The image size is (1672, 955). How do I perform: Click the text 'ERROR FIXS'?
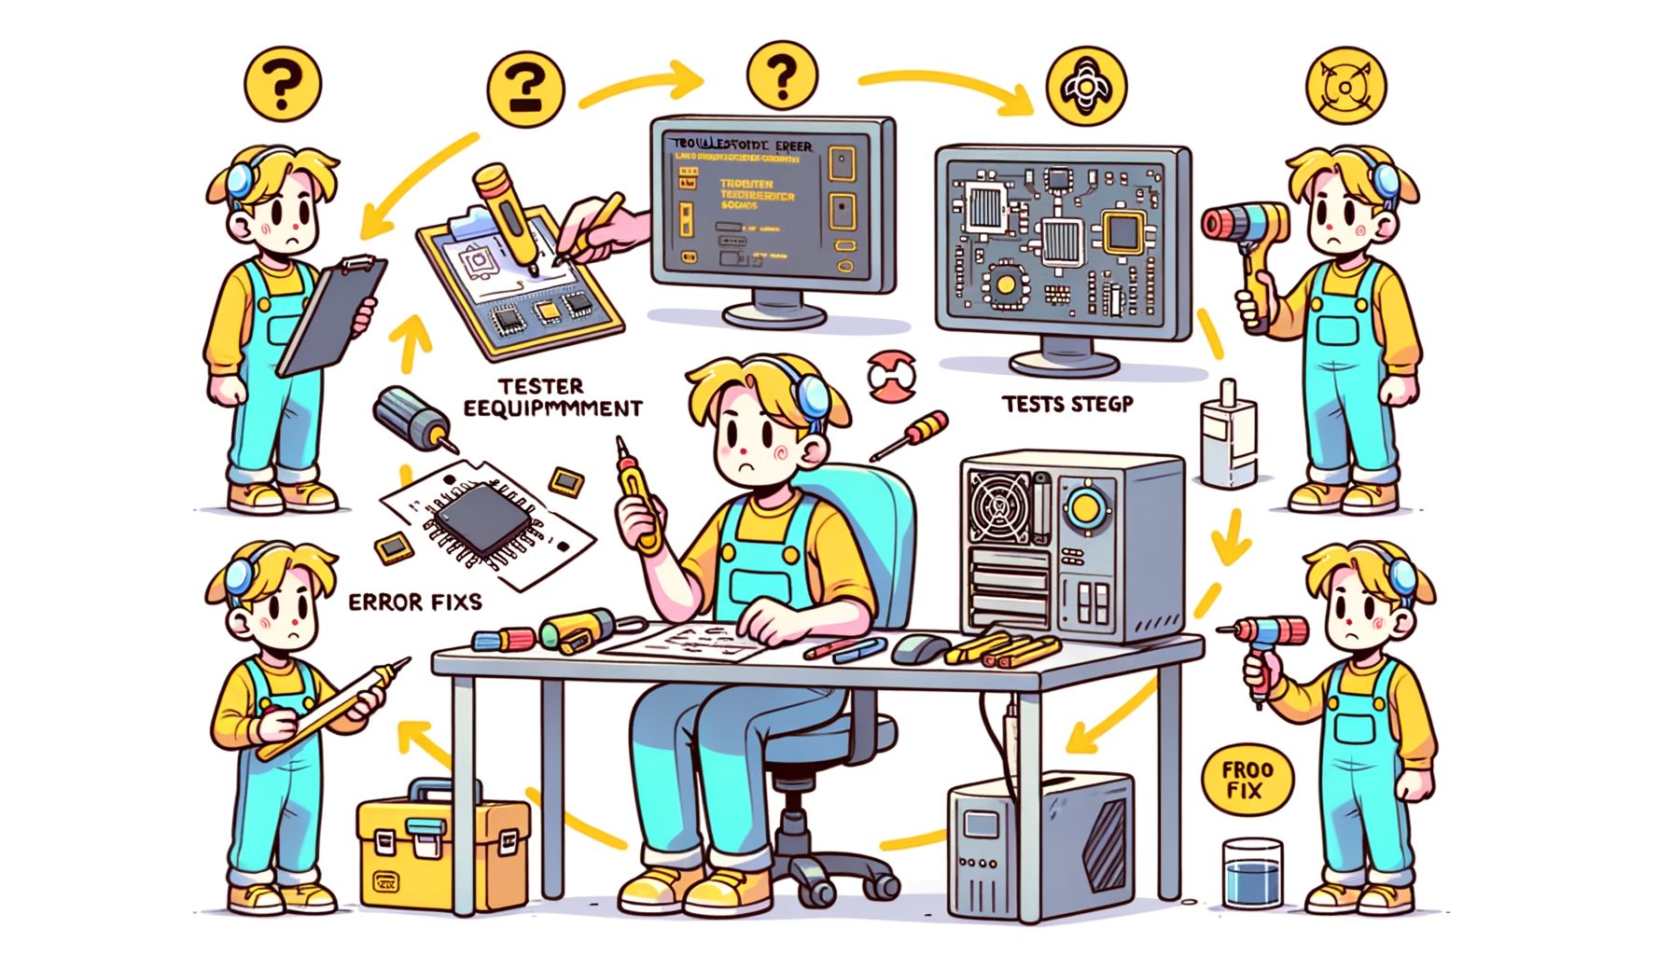[415, 602]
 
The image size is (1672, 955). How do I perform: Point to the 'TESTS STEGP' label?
[1067, 404]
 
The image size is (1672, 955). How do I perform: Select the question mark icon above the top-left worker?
[282, 85]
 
